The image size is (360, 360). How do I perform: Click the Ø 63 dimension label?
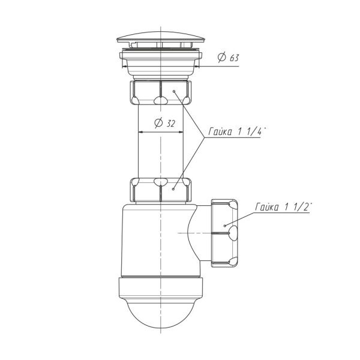coord(228,58)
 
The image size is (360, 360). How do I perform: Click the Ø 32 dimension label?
coord(165,123)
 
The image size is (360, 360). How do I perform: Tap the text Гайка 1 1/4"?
coord(237,131)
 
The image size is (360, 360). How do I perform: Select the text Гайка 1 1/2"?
coord(284,206)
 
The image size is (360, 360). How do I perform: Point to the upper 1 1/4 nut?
coord(160,92)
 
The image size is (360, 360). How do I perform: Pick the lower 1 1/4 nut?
coord(160,190)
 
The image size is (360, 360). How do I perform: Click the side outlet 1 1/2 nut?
coord(224,233)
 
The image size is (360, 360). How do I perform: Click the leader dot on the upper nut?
coord(174,91)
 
